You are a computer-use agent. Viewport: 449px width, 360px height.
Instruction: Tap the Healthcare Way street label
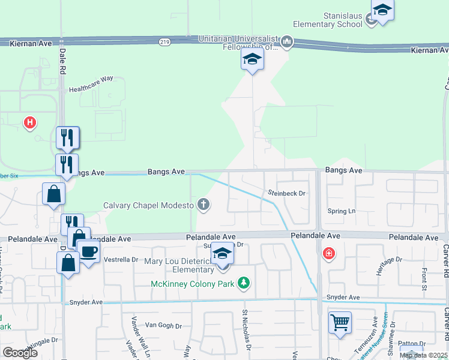pyautogui.click(x=91, y=79)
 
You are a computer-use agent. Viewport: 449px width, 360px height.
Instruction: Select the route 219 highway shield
pyautogui.click(x=165, y=42)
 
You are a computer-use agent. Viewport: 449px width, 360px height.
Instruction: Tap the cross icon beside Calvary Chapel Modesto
pyautogui.click(x=204, y=205)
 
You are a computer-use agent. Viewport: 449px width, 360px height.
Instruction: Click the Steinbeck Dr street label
pyautogui.click(x=287, y=193)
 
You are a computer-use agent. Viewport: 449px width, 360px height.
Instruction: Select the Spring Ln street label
pyautogui.click(x=342, y=211)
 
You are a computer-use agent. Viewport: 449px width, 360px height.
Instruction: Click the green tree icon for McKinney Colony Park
pyautogui.click(x=244, y=282)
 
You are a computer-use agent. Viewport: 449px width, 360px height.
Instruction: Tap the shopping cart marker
pyautogui.click(x=340, y=323)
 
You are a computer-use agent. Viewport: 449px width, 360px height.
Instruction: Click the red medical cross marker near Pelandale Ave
pyautogui.click(x=328, y=254)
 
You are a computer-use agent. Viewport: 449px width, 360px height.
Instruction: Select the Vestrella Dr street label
pyautogui.click(x=121, y=260)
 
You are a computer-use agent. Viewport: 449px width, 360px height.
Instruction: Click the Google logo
pyautogui.click(x=20, y=353)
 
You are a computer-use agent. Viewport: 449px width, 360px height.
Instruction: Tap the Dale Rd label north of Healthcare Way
pyautogui.click(x=62, y=61)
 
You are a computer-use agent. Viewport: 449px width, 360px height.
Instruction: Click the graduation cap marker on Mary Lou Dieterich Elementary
pyautogui.click(x=222, y=254)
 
